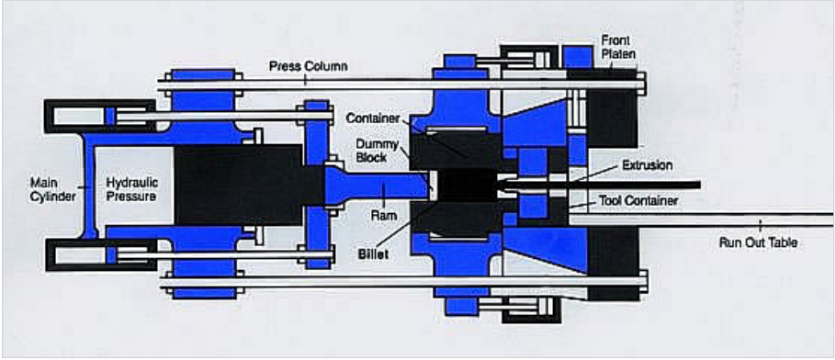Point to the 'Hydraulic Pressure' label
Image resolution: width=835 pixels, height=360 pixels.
pyautogui.click(x=132, y=188)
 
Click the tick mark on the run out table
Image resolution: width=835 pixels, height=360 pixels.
pyautogui.click(x=760, y=224)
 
